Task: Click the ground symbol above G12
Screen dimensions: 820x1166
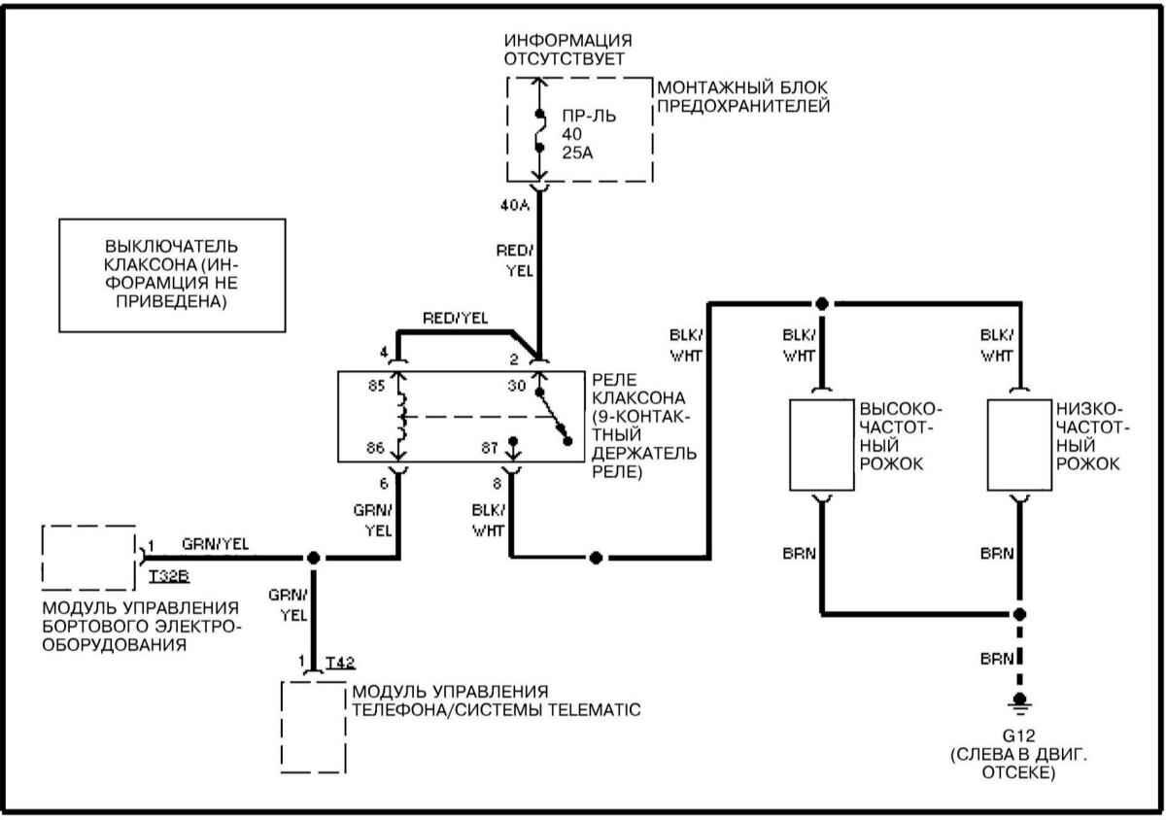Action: [1019, 700]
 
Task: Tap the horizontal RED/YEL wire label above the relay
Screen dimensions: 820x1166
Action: [456, 319]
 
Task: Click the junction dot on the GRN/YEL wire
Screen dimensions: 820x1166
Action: [313, 558]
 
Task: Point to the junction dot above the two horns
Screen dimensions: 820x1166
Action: [822, 304]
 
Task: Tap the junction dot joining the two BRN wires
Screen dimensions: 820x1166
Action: [1019, 614]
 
